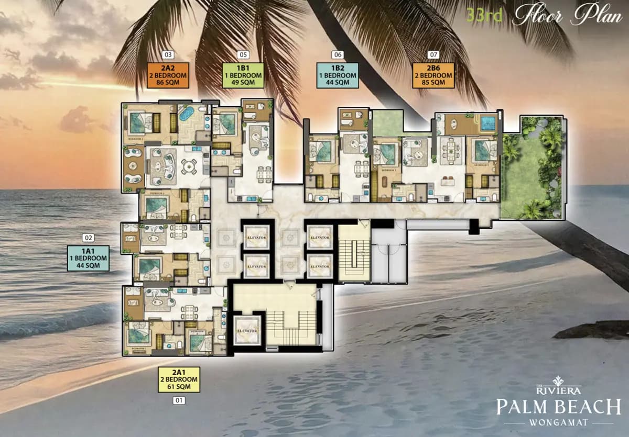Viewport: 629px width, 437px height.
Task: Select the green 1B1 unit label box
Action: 243,74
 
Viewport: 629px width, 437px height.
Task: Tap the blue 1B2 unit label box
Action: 338,74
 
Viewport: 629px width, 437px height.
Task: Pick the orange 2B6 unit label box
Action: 433,74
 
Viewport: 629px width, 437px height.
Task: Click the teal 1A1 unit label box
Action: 88,258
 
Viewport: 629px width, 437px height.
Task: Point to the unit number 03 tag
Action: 168,54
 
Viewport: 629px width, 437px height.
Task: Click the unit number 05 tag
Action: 243,54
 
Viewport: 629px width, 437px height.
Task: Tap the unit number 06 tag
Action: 338,54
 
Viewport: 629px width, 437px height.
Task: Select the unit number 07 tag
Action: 433,54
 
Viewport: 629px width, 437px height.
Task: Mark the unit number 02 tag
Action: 88,237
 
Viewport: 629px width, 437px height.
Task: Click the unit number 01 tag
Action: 179,400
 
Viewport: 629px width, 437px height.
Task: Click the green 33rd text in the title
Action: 484,16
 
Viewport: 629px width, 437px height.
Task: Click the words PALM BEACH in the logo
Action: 558,406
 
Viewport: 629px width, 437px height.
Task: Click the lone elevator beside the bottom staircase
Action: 247,330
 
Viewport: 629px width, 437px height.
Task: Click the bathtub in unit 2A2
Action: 186,114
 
